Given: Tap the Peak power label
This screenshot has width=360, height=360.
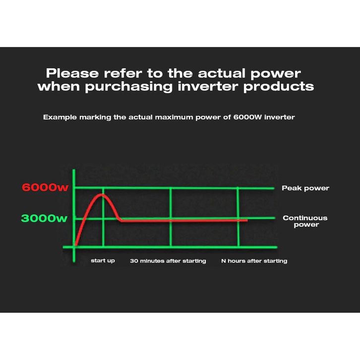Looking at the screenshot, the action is pos(305,188).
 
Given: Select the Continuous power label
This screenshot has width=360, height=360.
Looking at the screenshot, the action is pos(305,221).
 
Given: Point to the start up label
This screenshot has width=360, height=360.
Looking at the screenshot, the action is pos(103,261).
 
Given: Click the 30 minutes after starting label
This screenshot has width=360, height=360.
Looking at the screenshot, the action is pos(168,261).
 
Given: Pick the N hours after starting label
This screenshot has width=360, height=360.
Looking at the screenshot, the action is pos(254,261).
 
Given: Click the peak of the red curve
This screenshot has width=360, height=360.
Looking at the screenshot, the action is pos(102,195).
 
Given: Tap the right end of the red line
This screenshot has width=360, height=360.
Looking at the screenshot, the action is pos(247,220).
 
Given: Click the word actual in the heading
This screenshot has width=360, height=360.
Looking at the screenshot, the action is pos(222,73).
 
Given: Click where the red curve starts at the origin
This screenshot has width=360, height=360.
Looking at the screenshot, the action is pos(75,245).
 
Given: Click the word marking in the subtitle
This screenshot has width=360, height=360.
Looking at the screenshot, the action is pos(95,118).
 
